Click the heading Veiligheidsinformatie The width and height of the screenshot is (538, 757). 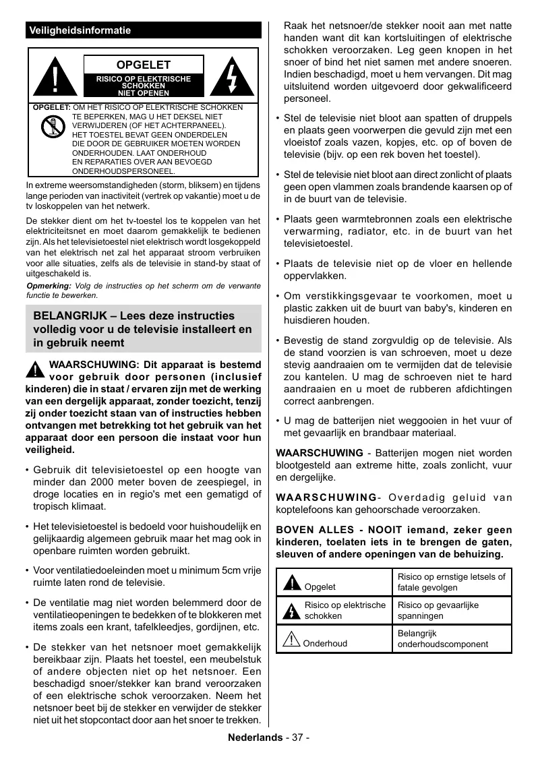[x=80, y=30]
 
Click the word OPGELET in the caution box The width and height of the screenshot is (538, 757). [x=144, y=65]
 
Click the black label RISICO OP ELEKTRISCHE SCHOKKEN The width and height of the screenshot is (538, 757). [x=144, y=83]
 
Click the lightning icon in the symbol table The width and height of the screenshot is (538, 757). [x=291, y=611]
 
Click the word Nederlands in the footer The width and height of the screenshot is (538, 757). [x=255, y=737]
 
